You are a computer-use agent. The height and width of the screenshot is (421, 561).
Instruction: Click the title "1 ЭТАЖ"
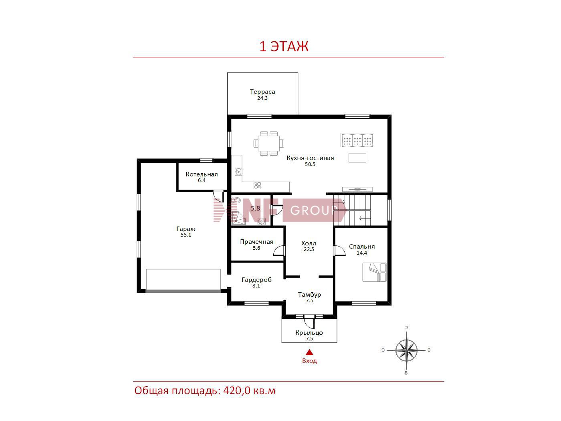click(284, 47)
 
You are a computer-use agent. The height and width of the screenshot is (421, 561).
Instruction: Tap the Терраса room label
click(262, 91)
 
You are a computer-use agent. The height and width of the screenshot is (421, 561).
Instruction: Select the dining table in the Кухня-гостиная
click(268, 144)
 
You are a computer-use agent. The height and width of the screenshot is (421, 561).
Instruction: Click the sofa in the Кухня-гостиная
click(357, 140)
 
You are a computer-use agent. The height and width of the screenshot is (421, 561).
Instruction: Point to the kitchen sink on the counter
click(238, 172)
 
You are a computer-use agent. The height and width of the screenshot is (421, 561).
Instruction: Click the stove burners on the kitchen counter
click(257, 185)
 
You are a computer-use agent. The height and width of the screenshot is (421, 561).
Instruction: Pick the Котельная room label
click(202, 174)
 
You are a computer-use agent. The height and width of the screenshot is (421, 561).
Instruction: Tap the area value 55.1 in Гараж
click(186, 235)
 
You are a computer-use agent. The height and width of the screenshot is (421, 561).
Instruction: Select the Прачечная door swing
click(279, 251)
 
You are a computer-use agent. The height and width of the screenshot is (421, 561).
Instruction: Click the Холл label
click(309, 243)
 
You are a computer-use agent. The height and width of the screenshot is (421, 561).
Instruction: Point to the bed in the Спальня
click(374, 272)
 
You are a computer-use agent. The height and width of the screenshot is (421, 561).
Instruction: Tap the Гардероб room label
click(256, 279)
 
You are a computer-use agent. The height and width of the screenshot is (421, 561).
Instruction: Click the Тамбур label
click(309, 294)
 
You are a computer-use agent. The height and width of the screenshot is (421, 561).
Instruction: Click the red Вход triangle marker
click(310, 352)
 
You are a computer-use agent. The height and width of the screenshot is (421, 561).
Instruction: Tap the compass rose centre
click(406, 350)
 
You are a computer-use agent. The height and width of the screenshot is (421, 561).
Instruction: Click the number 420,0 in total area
click(237, 391)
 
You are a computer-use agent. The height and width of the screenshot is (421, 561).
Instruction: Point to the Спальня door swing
click(339, 251)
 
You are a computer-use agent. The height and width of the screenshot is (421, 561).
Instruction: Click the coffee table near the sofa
click(357, 158)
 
